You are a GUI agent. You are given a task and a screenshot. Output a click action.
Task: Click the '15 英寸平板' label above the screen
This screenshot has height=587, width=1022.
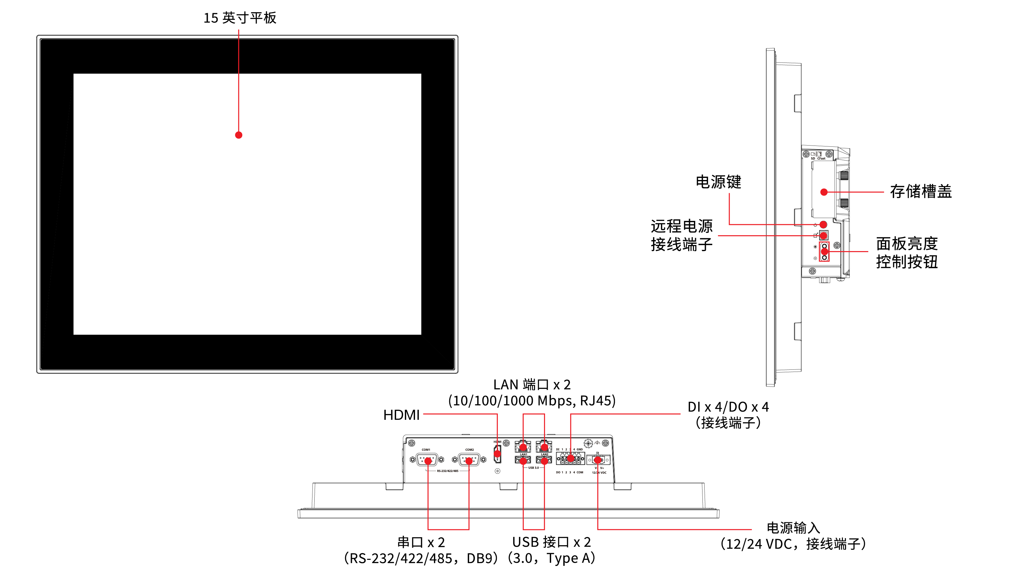point(240,18)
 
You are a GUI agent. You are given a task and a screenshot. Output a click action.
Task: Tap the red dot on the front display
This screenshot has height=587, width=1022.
point(239,135)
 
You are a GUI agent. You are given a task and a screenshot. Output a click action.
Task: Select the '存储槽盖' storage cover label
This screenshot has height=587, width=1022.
point(920,192)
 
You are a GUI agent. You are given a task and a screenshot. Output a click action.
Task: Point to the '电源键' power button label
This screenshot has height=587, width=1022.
point(718,182)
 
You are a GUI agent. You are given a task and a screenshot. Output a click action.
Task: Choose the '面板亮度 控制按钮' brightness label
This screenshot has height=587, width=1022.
point(906,253)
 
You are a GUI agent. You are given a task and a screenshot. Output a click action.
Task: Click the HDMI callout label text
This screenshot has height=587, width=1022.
point(401,415)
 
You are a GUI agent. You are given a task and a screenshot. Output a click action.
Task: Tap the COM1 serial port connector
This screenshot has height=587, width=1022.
point(427,459)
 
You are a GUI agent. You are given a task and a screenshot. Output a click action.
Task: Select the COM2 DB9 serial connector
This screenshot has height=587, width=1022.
point(469,459)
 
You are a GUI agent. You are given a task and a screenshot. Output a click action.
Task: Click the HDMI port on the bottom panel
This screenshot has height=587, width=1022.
point(497,454)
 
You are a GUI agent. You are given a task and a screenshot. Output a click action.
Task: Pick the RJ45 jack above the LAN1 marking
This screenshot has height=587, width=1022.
point(523,447)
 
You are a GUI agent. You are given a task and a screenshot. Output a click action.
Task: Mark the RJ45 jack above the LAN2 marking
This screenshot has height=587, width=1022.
point(544,447)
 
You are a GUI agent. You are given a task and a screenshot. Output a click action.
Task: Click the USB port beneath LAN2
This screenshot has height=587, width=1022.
point(544,460)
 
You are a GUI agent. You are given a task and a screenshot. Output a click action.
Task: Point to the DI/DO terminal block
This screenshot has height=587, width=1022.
point(570,458)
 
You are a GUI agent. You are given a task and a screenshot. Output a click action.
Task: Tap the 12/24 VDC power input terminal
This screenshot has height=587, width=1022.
point(598,459)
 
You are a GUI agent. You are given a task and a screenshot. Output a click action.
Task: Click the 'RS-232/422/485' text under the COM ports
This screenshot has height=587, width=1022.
point(447,471)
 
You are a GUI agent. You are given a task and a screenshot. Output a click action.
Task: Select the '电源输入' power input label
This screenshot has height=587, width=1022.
point(793,528)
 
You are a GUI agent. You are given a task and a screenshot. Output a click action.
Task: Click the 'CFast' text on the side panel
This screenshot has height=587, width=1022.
point(821,158)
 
